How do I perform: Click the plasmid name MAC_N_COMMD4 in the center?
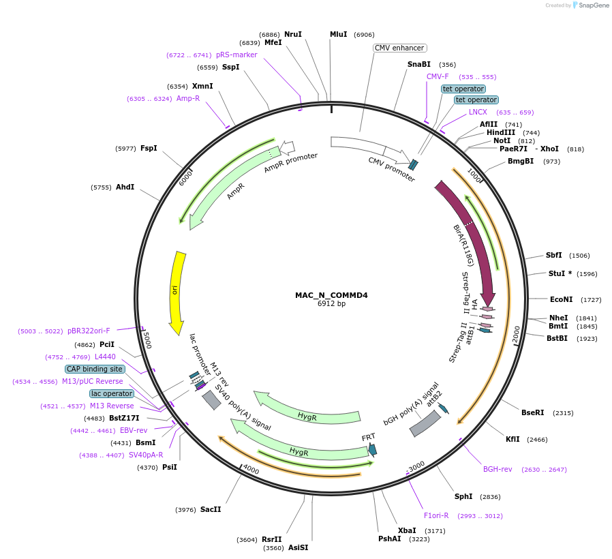coord(331,295)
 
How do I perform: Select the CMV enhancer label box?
coord(400,48)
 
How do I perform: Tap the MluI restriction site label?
coord(338,34)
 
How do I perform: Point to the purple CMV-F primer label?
coord(438,76)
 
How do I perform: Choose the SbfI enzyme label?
coord(553,255)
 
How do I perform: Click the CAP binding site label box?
coord(95,369)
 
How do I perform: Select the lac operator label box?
coord(111,393)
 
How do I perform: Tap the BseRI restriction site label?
coord(532,412)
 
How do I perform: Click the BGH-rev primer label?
coord(498,469)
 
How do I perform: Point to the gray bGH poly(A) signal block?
coord(425,424)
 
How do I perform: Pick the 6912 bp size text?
coord(331,304)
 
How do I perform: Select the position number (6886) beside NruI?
coord(269,34)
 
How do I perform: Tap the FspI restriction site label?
coord(149,148)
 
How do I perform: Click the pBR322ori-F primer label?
coord(89,331)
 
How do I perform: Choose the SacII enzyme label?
coord(211,509)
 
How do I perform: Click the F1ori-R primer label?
coord(436,515)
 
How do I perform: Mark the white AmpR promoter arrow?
coord(288,147)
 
